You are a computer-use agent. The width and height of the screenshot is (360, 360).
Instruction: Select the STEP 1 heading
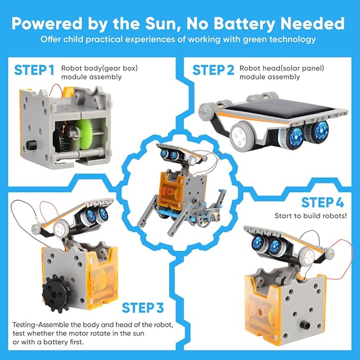(x=34, y=71)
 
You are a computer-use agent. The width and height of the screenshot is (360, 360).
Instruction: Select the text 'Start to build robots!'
(x=310, y=216)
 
